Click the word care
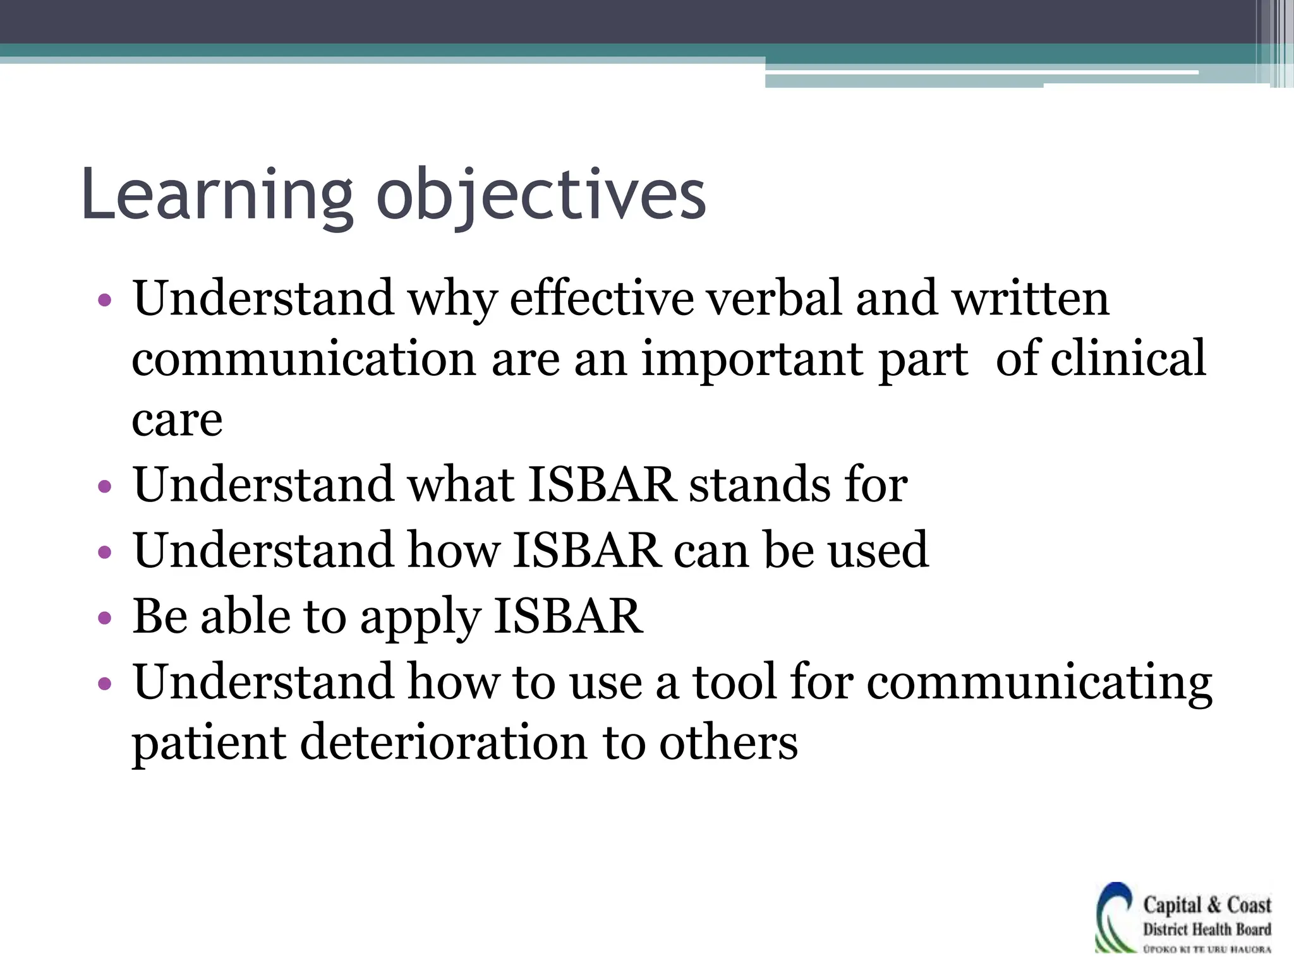point(177,420)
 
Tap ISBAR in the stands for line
point(602,485)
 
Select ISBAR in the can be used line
point(587,550)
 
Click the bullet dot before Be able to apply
point(105,618)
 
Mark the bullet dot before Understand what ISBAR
point(105,487)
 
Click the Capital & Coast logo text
point(1206,905)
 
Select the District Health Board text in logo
point(1206,929)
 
